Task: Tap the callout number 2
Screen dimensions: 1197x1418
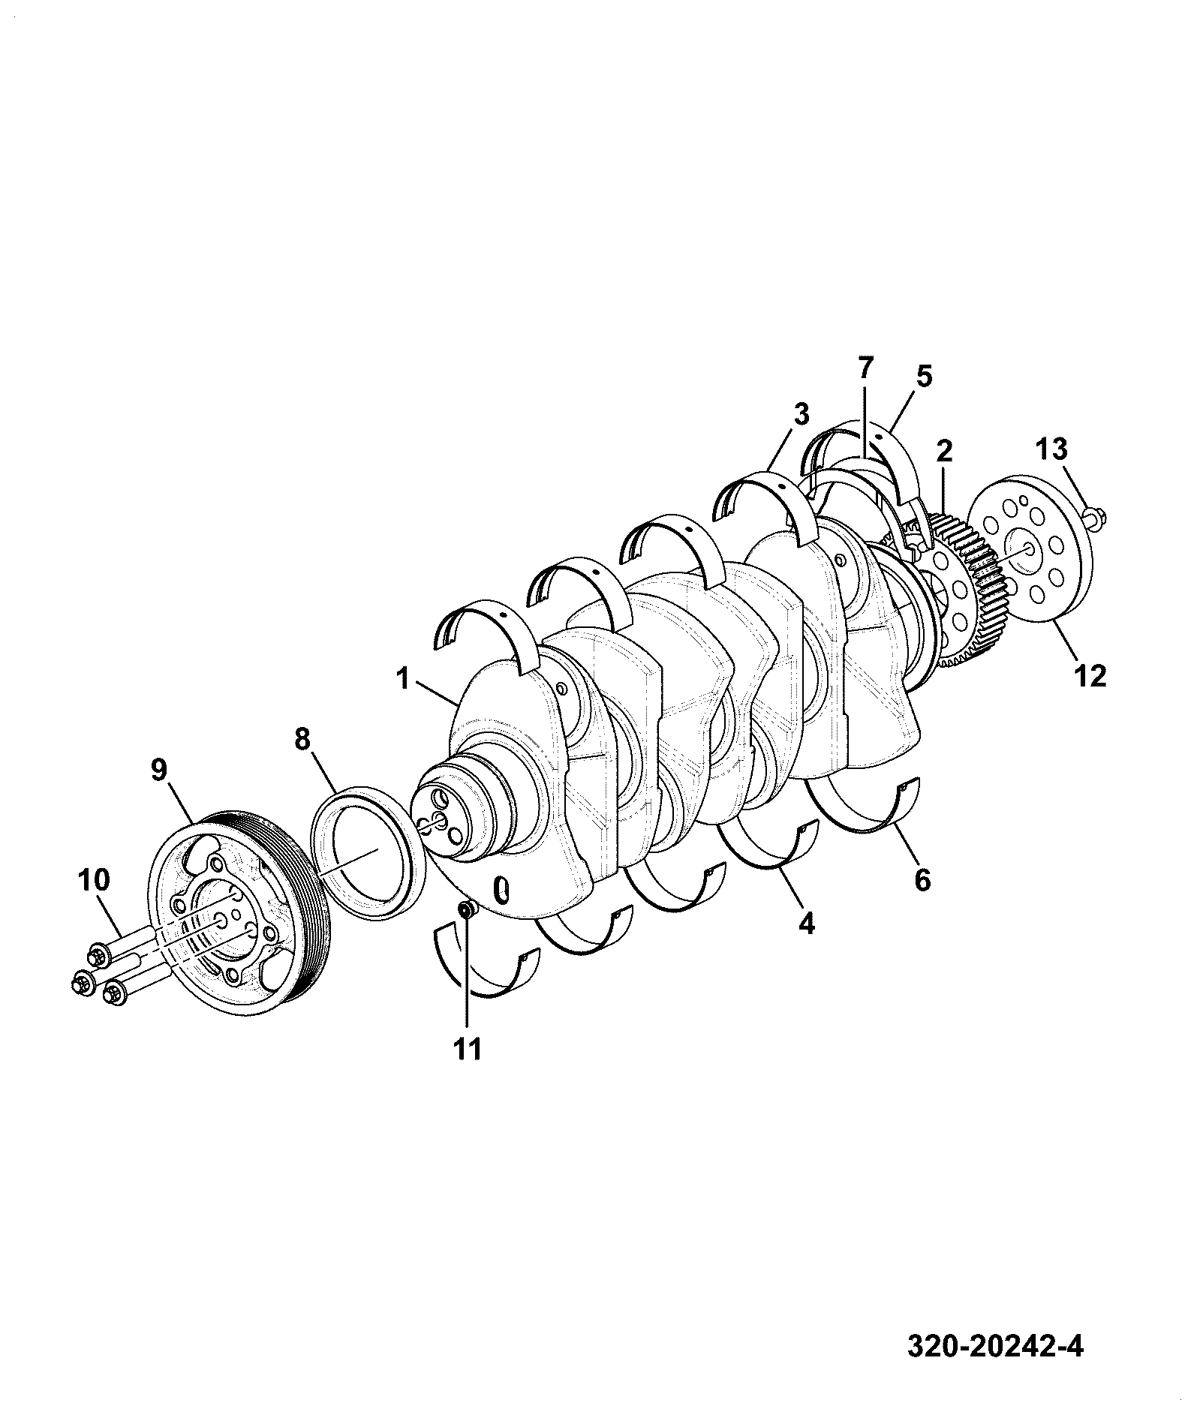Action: pos(944,451)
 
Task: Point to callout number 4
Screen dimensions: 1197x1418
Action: pos(807,924)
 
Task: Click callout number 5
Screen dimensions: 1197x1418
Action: pos(923,376)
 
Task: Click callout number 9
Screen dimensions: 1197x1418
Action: pos(160,771)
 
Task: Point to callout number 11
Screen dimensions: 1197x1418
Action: pos(467,1050)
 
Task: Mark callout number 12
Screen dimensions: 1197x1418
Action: pos(1090,676)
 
